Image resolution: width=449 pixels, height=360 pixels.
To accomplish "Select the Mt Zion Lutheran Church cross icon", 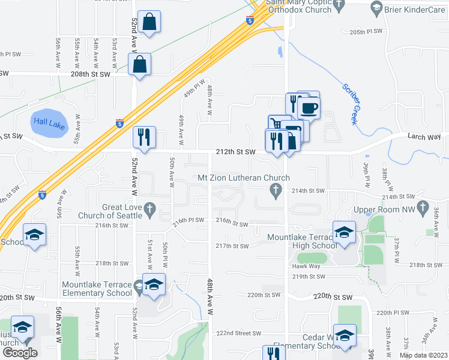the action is pos(276,191).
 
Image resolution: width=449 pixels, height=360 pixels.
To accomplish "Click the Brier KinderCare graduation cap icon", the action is pos(376,8).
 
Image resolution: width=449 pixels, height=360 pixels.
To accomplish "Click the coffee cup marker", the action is pos(309,108).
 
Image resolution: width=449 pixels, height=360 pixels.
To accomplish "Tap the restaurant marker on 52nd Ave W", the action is pos(144,137).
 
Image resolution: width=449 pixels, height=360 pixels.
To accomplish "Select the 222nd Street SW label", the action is pos(239,333).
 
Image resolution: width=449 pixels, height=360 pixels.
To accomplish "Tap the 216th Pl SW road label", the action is pos(188,221).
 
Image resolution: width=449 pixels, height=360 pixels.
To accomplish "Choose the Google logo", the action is pos(20,352).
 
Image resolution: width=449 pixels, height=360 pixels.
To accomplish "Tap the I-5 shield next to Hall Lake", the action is pos(120,124).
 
